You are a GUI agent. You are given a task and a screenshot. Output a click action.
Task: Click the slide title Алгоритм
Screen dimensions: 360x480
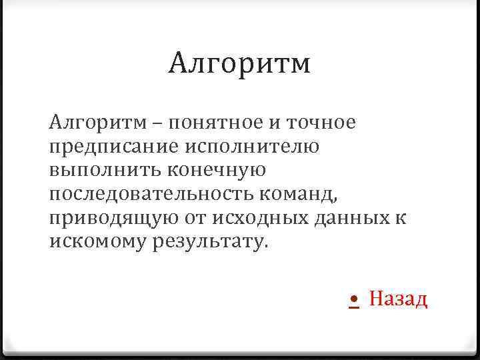239,64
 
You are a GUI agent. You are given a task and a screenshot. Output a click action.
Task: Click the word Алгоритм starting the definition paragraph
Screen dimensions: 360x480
90,123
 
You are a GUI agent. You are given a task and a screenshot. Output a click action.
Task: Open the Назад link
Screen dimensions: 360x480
398,299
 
